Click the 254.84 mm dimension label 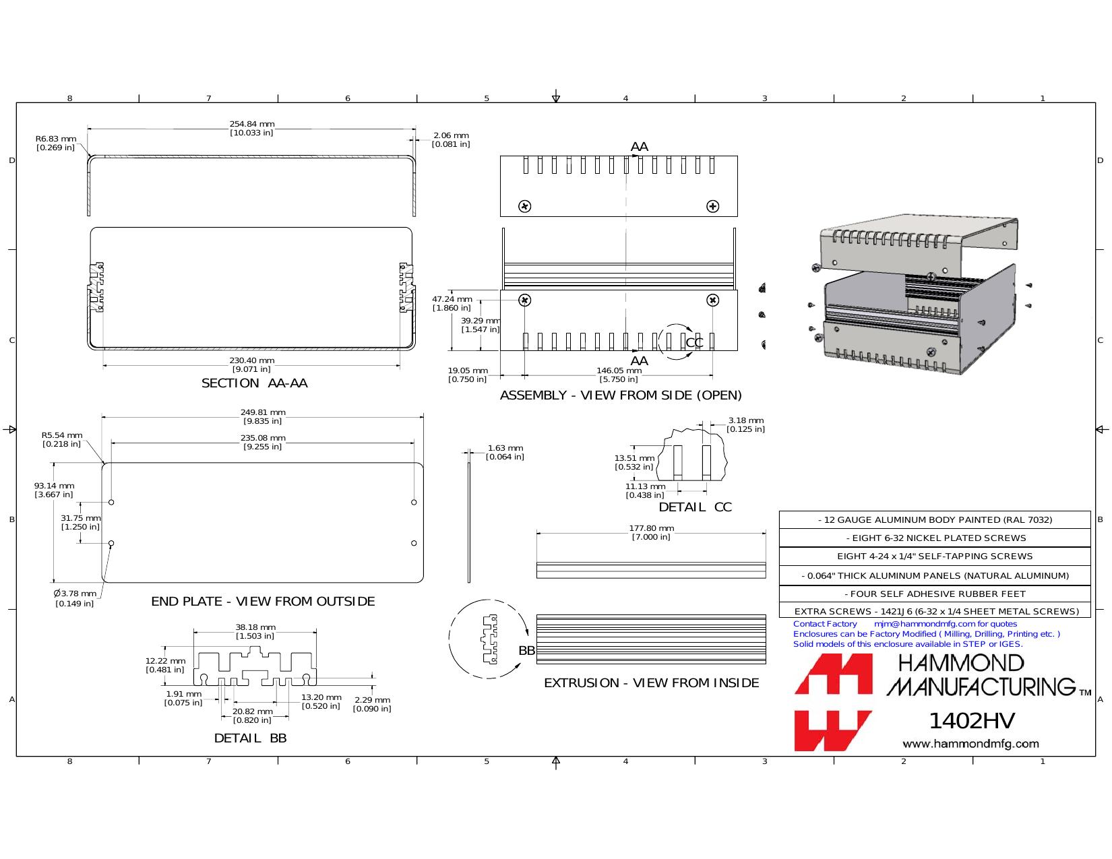click(251, 128)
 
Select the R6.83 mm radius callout click(56, 143)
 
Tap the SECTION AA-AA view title click(254, 383)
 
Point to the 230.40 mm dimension click(251, 364)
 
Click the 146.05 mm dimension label click(619, 375)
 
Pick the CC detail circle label click(694, 342)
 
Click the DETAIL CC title click(695, 507)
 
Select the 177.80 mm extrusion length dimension click(651, 532)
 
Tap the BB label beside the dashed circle click(526, 650)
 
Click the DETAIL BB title click(250, 738)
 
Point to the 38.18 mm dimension click(255, 631)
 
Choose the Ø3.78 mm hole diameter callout click(75, 598)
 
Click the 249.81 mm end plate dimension click(263, 416)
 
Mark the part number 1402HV click(971, 721)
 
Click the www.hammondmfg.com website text click(970, 744)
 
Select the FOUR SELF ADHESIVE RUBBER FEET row click(935, 594)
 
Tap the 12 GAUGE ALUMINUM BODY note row click(935, 520)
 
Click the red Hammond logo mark click(833, 702)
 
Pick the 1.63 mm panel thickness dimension click(505, 452)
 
